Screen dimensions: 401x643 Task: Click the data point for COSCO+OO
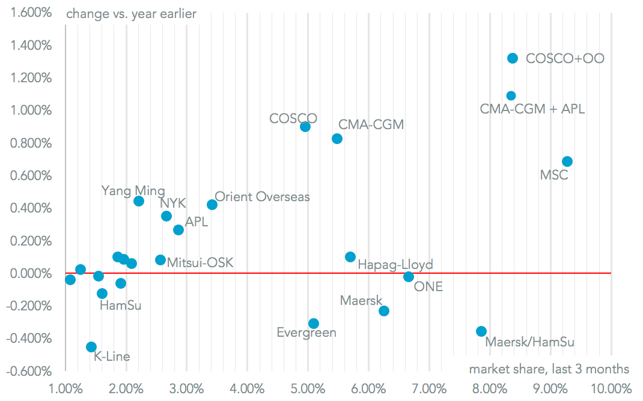(513, 58)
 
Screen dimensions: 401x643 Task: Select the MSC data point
(567, 161)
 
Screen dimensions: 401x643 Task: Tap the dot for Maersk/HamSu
(481, 331)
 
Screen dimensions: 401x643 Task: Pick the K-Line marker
(91, 347)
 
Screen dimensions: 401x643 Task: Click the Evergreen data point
(314, 324)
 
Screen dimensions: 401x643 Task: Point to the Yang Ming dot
(139, 201)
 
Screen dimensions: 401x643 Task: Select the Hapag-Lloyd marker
(350, 257)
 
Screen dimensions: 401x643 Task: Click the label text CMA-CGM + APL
(532, 109)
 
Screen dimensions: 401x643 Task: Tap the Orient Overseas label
(262, 197)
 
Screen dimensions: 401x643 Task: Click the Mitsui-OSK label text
(200, 262)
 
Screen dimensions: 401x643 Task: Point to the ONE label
(428, 287)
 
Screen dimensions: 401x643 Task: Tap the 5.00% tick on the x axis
(308, 388)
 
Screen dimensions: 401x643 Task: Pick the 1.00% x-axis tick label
(65, 388)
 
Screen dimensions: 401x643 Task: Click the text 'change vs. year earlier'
(131, 13)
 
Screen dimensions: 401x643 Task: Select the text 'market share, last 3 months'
(549, 369)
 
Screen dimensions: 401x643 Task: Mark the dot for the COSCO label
(305, 127)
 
